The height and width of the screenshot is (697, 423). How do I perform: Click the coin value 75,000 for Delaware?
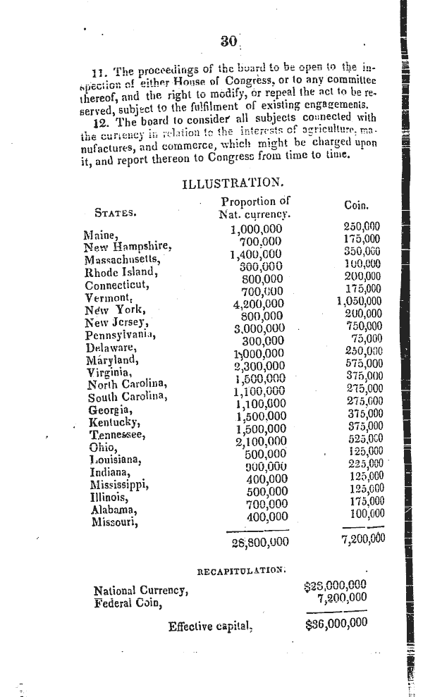coord(365,338)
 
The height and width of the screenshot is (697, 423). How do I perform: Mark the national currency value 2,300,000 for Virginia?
coord(259,365)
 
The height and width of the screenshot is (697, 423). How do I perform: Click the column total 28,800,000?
coord(259,542)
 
